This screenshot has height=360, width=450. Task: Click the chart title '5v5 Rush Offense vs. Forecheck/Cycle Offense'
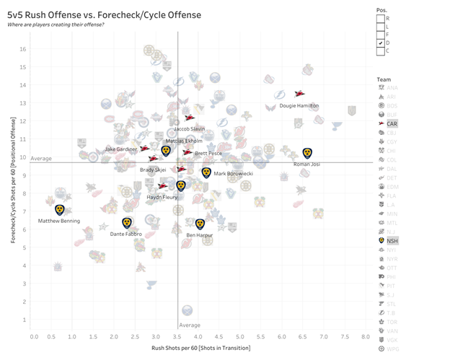[105, 14]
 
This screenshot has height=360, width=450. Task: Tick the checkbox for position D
[380, 43]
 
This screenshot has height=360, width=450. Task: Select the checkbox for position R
[380, 18]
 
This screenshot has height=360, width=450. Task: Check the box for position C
[380, 51]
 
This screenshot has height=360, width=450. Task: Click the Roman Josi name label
[307, 164]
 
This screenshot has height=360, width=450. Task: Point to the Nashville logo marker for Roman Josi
[307, 153]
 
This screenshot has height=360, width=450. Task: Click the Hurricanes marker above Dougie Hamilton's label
[300, 94]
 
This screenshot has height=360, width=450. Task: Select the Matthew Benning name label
[58, 221]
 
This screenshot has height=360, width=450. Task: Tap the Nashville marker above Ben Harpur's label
[200, 224]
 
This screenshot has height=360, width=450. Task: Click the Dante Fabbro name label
[126, 234]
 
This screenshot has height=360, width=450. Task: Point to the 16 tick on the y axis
[23, 49]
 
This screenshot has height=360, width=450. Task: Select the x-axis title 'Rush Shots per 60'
[200, 348]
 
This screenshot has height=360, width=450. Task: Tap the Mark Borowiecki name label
[234, 174]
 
